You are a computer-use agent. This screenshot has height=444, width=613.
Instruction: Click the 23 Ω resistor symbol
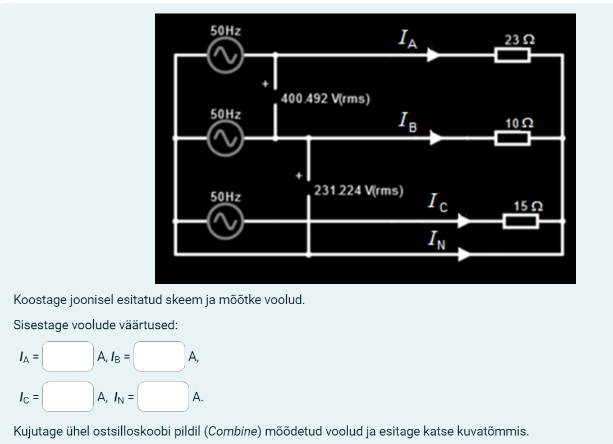tap(512, 55)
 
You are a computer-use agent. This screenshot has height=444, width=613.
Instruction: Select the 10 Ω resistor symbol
tap(512, 137)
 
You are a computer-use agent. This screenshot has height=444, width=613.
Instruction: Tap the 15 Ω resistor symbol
tap(520, 221)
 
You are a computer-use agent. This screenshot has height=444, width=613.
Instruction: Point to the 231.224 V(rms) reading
tap(359, 190)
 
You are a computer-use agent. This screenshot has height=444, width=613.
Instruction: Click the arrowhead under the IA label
tap(433, 55)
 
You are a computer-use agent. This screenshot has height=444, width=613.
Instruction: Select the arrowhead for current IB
tap(436, 137)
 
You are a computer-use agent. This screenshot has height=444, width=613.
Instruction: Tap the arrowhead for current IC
tap(463, 221)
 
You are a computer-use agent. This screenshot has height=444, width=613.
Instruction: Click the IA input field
tap(68, 356)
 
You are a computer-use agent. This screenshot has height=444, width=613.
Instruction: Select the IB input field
tap(159, 356)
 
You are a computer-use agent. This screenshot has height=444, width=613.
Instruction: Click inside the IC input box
tap(68, 397)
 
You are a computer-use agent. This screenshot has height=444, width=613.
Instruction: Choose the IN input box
tap(163, 397)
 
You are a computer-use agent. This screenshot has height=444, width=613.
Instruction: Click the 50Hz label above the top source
tap(226, 31)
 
